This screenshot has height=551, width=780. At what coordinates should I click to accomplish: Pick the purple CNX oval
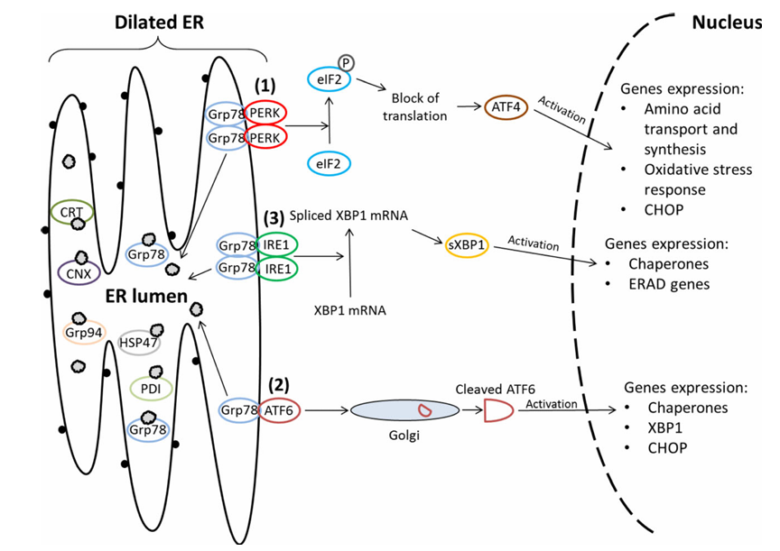[79, 271]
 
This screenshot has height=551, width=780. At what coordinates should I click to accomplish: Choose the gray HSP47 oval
[140, 343]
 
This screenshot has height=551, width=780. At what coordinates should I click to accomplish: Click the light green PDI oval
[151, 389]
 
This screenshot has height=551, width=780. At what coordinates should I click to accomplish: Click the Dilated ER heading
[160, 22]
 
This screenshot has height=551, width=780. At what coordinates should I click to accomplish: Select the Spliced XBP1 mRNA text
[349, 217]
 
